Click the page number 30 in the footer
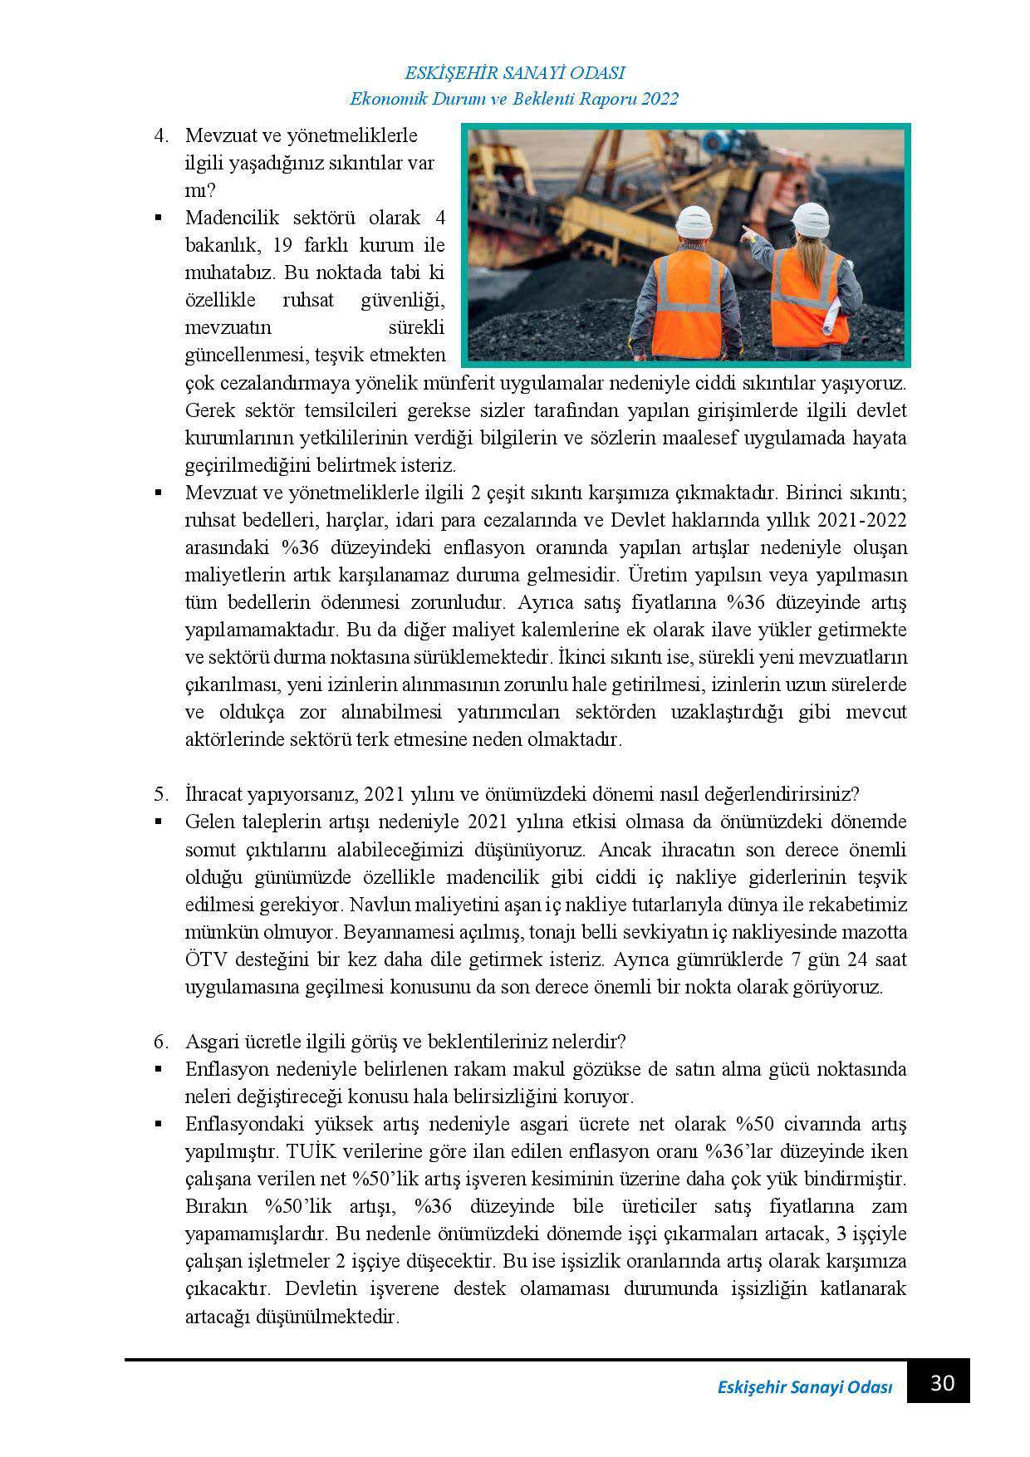click(x=942, y=1383)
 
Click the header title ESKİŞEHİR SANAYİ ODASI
click(x=514, y=72)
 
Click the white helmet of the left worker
click(x=694, y=220)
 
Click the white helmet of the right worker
click(x=812, y=218)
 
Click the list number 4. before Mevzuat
click(x=162, y=135)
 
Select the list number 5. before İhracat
click(x=162, y=793)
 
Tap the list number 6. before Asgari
click(x=162, y=1041)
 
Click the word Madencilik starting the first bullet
click(x=233, y=218)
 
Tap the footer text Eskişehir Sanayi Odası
click(x=804, y=1388)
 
